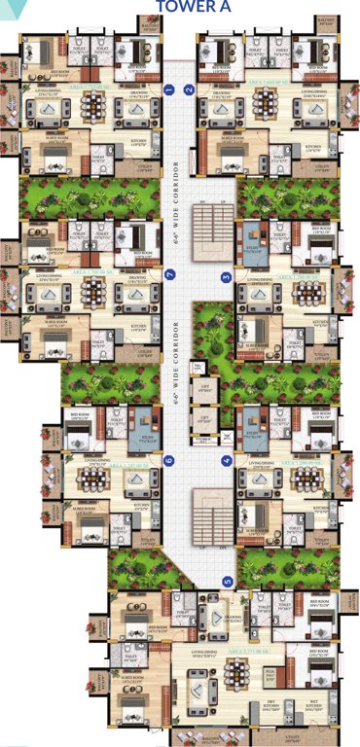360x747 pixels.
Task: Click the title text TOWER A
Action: tap(199, 8)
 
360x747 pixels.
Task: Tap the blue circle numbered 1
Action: tap(170, 90)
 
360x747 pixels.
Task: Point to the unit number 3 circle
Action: tap(227, 277)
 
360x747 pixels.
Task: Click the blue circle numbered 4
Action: tap(227, 460)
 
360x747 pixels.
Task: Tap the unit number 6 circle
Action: tap(169, 460)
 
